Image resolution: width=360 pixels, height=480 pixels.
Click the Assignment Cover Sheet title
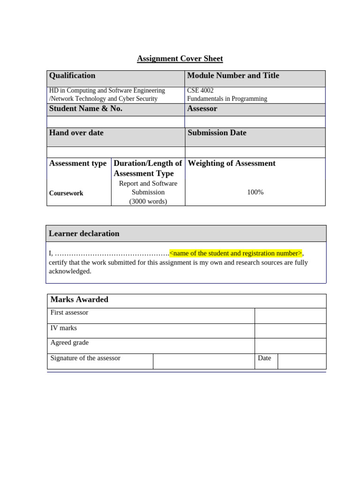point(180,59)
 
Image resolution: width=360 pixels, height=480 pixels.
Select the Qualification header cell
point(72,75)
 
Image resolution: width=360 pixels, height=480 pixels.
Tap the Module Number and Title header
point(233,75)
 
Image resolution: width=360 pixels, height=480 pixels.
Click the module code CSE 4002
point(200,90)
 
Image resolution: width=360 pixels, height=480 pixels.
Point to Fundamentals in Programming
point(227,99)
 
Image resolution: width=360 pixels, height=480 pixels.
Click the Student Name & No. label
point(86,109)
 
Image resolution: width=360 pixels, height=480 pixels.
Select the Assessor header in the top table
point(202,109)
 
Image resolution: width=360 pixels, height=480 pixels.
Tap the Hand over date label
point(76,133)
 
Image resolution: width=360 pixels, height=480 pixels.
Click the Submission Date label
point(217,133)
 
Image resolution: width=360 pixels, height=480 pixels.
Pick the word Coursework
point(66,193)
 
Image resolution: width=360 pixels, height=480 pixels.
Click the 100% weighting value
point(255,192)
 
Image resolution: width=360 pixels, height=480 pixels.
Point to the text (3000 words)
point(148,202)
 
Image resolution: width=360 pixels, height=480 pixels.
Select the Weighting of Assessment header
point(232,163)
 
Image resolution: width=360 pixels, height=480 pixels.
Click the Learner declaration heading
point(84,233)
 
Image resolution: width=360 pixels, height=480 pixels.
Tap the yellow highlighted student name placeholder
point(236,253)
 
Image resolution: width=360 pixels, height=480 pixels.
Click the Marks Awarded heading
point(79,300)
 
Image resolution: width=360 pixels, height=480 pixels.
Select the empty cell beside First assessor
point(290,315)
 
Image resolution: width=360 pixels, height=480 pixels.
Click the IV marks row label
point(64,328)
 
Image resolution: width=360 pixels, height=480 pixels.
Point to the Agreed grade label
point(69,343)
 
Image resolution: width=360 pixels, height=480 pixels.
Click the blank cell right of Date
point(301,361)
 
